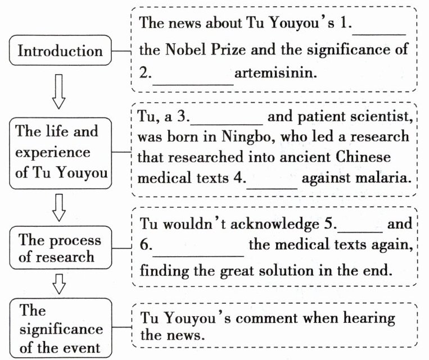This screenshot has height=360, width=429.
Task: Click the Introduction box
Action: tap(60, 52)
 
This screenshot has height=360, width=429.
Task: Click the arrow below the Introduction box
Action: tap(58, 92)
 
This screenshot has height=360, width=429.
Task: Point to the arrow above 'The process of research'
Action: tap(58, 208)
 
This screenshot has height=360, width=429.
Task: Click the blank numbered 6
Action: tap(198, 251)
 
